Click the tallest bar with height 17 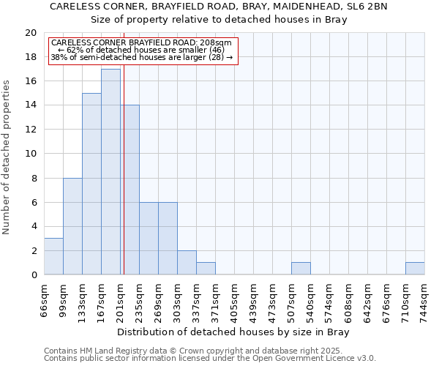[110, 172]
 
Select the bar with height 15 [91, 184]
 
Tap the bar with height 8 [72, 226]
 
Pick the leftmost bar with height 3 [53, 256]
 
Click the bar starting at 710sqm [415, 269]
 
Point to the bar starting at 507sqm [301, 269]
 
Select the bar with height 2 [187, 263]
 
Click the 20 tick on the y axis [31, 33]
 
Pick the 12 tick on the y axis [31, 130]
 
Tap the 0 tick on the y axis [34, 274]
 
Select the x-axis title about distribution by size [233, 332]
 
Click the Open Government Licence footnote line [209, 359]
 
